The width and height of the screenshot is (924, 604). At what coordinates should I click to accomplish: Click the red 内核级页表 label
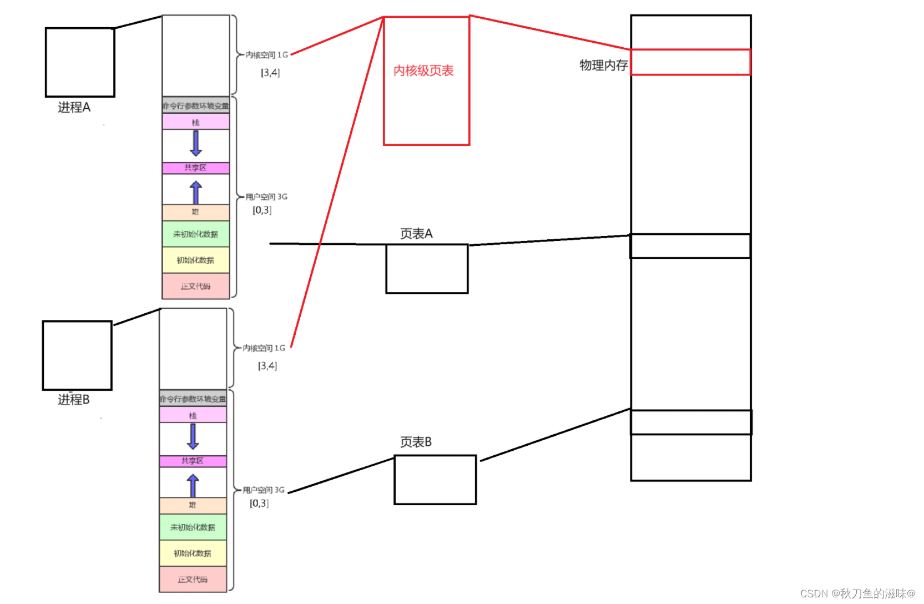point(423,71)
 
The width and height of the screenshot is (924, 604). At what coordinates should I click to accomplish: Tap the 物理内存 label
point(603,66)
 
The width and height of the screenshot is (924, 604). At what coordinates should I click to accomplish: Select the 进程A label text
point(74,107)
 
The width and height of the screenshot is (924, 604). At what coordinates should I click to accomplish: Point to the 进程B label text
point(74,400)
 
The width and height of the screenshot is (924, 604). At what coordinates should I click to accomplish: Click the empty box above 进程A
point(80,62)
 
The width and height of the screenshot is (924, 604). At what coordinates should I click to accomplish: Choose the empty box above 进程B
point(77,355)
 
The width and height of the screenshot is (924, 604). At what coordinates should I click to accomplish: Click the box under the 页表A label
point(427,269)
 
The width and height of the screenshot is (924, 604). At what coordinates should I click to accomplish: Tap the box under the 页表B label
point(435,480)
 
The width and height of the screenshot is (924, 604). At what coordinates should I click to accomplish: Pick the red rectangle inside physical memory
point(690,62)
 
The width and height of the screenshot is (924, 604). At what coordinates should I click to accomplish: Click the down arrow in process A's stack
point(195,143)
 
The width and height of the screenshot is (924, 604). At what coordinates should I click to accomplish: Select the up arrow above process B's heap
point(193,486)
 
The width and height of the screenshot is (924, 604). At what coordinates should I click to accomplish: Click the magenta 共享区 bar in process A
point(195,168)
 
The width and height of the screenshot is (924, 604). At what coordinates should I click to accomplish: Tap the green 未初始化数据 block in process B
point(193,527)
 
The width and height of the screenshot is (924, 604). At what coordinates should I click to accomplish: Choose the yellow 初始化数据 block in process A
point(195,260)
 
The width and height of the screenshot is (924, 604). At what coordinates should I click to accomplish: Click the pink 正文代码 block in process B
point(193,579)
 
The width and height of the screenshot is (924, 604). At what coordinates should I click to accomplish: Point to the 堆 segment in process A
point(195,212)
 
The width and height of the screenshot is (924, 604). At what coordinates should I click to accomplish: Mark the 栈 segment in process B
point(193,415)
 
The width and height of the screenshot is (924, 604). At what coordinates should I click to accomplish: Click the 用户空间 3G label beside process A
point(266,197)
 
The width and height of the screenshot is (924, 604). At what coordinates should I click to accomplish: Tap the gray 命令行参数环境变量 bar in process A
point(195,105)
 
